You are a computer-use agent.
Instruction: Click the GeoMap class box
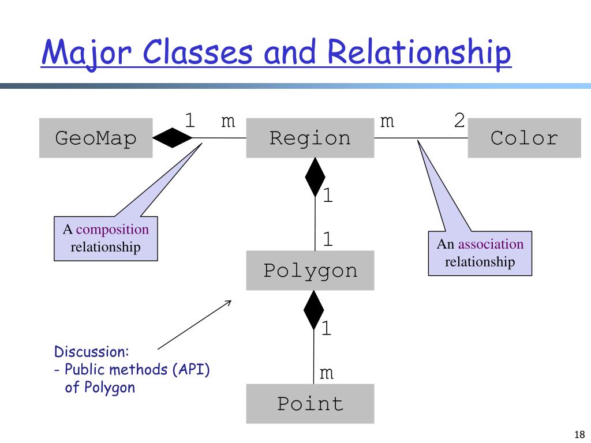click(x=96, y=138)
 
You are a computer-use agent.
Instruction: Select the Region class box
click(x=310, y=138)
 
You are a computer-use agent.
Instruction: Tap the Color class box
click(x=524, y=138)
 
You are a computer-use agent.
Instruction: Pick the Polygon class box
click(x=310, y=271)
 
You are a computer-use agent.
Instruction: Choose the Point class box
click(x=310, y=404)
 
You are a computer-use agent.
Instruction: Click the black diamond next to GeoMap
click(x=172, y=138)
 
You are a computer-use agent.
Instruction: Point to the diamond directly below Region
click(x=315, y=178)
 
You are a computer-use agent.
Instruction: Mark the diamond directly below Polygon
click(x=313, y=310)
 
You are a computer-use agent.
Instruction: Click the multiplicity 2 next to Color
click(x=459, y=121)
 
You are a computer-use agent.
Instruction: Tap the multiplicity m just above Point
click(x=327, y=373)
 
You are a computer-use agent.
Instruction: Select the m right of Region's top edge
click(x=387, y=121)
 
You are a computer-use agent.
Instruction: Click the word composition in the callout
click(x=113, y=230)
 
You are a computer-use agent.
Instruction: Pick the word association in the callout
click(x=491, y=244)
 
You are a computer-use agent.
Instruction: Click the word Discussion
click(x=92, y=351)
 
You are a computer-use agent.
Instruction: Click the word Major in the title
click(x=87, y=52)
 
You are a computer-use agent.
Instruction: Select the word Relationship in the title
click(x=419, y=52)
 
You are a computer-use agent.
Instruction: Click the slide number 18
click(x=579, y=434)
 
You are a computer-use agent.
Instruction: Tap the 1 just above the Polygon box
click(x=328, y=239)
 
